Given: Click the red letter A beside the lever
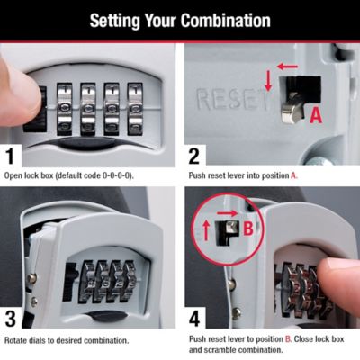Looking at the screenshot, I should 315,115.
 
